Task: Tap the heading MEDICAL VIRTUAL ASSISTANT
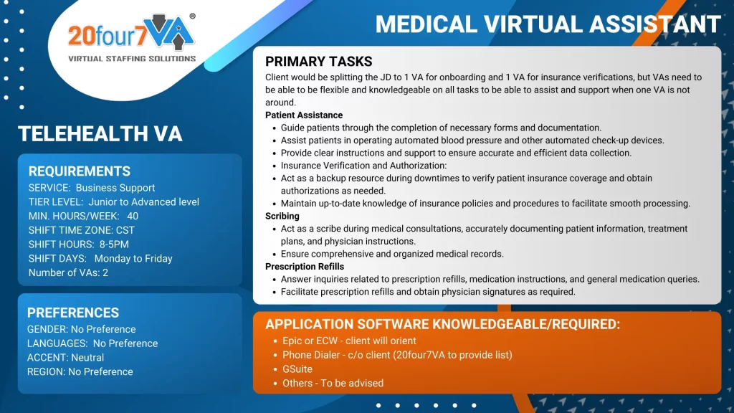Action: [x=548, y=24]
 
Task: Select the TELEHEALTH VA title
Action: [x=100, y=133]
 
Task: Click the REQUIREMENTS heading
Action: [x=80, y=171]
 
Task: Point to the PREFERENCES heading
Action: [x=73, y=313]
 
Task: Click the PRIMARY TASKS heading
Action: [x=319, y=62]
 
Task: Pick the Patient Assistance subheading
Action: [x=304, y=115]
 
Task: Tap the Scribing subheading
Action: [x=282, y=216]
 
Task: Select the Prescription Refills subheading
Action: [x=305, y=267]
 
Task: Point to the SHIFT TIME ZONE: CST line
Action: [x=82, y=230]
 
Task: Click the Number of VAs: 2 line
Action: [x=68, y=272]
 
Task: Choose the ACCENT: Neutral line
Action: [x=65, y=357]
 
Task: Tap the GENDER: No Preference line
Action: [x=81, y=329]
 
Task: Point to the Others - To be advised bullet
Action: [x=333, y=383]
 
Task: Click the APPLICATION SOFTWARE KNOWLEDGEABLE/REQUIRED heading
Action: [x=442, y=324]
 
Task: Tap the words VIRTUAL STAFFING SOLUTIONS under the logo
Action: [x=132, y=58]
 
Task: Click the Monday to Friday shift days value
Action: [x=133, y=258]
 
